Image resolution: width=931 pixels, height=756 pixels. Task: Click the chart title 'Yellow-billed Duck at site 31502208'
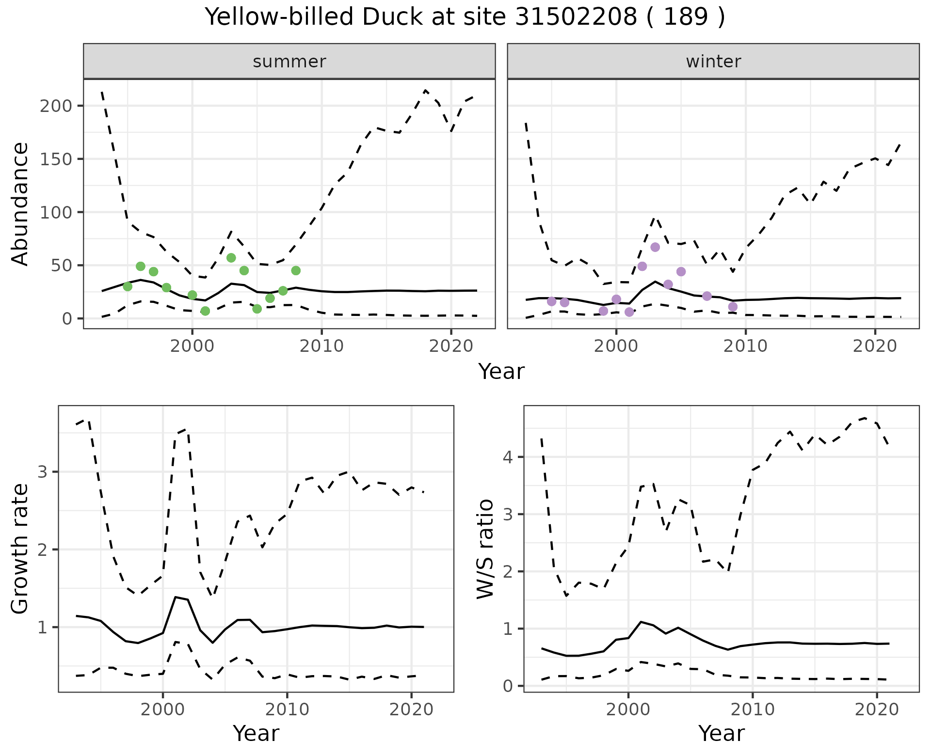[465, 17]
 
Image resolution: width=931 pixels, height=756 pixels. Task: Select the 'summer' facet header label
[289, 62]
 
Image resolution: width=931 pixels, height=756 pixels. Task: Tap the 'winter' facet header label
[713, 62]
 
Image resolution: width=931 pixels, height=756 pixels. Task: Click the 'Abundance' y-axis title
[20, 204]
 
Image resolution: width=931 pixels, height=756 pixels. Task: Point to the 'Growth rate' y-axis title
[20, 549]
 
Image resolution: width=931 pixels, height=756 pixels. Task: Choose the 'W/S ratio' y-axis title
[485, 549]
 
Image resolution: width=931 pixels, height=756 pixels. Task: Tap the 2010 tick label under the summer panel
[321, 346]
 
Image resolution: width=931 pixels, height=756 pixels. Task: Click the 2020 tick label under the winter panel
[875, 346]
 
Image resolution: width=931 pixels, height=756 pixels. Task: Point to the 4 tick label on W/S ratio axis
[508, 457]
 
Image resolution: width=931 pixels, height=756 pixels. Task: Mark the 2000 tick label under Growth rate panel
[162, 710]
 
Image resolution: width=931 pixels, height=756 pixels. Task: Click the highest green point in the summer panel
[231, 258]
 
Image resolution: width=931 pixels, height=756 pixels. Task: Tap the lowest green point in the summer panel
[205, 311]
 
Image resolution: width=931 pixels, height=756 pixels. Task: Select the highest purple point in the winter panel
[655, 247]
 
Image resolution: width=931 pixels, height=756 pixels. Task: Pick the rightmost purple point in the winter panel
[733, 307]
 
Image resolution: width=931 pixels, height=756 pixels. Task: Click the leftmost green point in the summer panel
[128, 286]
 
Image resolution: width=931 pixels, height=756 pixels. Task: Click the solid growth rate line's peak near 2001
[176, 597]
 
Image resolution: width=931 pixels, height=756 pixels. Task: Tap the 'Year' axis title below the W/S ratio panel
[721, 733]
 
